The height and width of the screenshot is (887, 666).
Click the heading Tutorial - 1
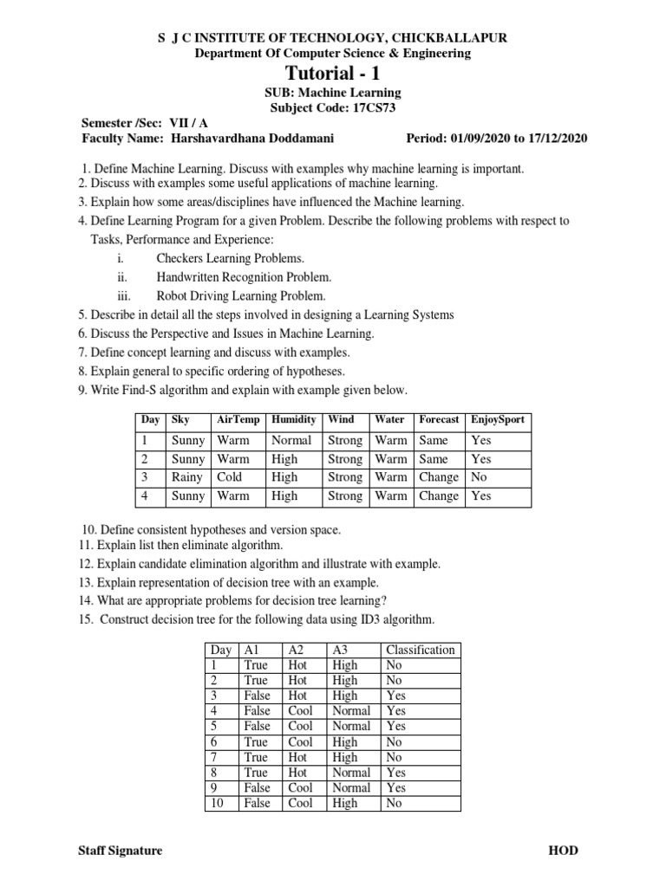(x=334, y=74)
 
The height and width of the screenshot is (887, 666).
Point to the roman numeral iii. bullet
(x=124, y=295)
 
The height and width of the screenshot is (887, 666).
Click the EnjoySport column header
(x=497, y=420)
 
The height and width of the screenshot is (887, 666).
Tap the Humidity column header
(x=294, y=420)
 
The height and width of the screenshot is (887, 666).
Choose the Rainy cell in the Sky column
(x=187, y=477)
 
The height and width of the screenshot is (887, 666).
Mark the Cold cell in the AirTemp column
(x=230, y=477)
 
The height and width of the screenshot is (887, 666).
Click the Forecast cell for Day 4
(x=439, y=496)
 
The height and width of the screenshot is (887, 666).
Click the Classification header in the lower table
(x=420, y=650)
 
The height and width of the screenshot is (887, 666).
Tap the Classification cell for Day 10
(x=394, y=803)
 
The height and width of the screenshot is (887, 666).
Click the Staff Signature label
(x=121, y=851)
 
